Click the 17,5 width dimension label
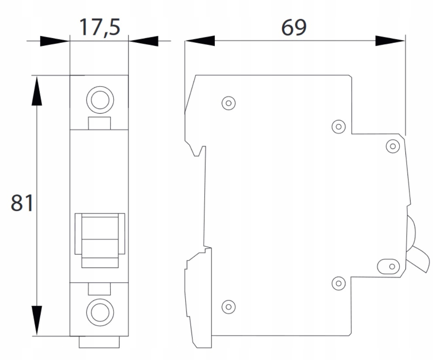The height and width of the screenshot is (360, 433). [x=100, y=28]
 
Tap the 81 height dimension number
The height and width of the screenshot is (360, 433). [x=22, y=203]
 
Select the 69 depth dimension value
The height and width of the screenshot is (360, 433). [x=294, y=28]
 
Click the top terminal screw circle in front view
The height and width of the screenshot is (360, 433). [x=100, y=100]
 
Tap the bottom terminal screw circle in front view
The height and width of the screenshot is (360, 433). [x=100, y=312]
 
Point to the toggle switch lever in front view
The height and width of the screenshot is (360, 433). [x=100, y=240]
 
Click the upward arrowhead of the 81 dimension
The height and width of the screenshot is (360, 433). [x=37, y=91]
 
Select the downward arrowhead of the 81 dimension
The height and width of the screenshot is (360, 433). [x=37, y=321]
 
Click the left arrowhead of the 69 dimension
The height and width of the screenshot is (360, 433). [x=200, y=41]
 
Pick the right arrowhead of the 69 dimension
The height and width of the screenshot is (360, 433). [x=390, y=41]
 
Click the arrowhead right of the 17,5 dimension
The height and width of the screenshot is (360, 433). [x=144, y=41]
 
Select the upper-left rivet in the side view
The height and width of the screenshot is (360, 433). [x=229, y=103]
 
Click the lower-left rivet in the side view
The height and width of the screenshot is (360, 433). [x=229, y=307]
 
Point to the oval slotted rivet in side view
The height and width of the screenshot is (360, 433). [x=389, y=266]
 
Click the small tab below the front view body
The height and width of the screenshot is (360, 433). [x=99, y=342]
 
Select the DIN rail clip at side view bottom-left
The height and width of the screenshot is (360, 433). [x=198, y=299]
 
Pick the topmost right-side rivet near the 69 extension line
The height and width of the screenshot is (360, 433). [x=393, y=146]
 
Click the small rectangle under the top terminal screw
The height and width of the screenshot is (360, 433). [x=100, y=123]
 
